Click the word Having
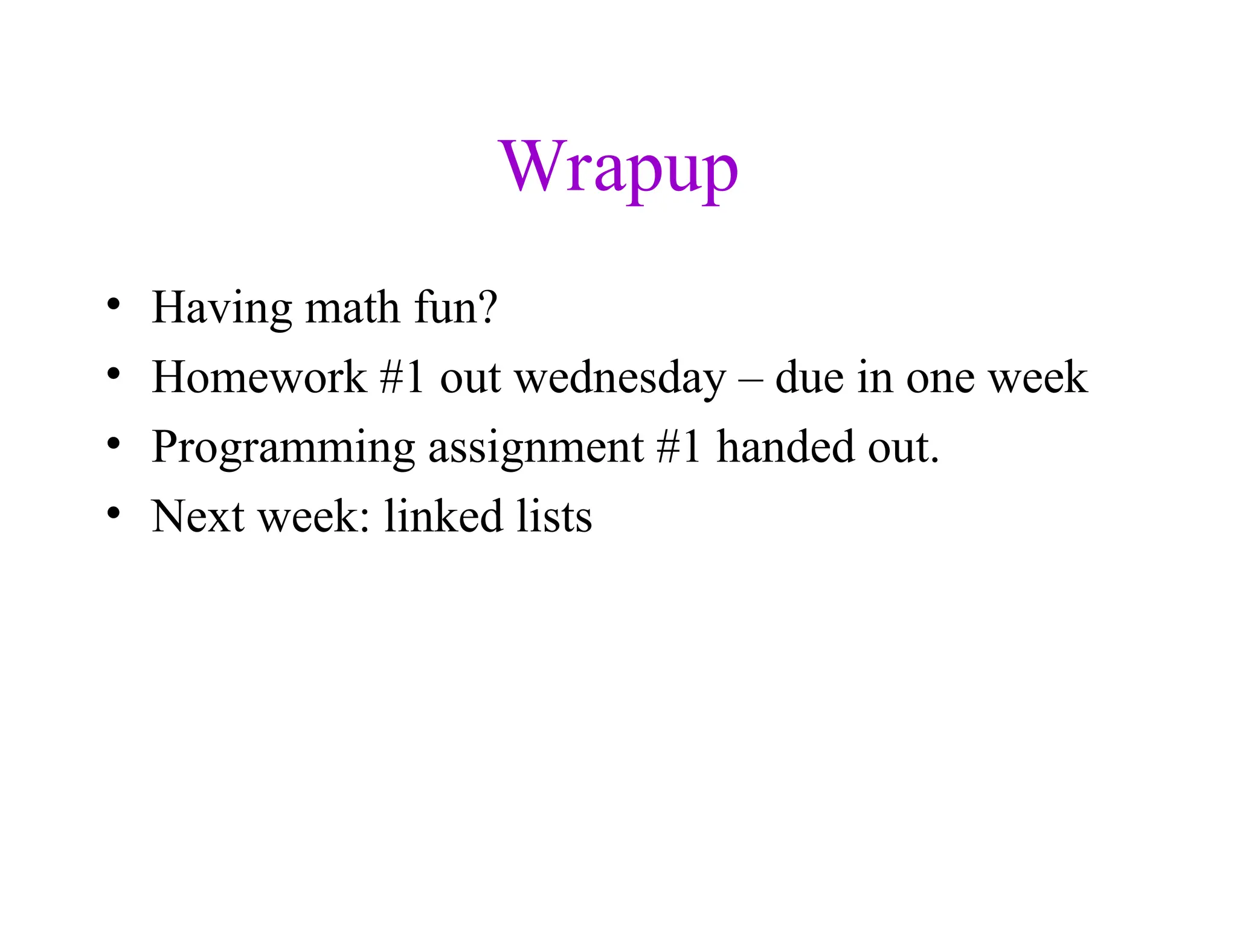click(221, 308)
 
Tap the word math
click(352, 308)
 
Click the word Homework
click(259, 377)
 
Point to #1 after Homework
click(402, 377)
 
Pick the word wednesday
click(620, 378)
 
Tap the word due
click(809, 377)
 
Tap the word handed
click(785, 447)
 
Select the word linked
click(444, 517)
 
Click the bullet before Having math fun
click(113, 304)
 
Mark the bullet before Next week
click(113, 514)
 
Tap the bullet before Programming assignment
click(113, 444)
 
